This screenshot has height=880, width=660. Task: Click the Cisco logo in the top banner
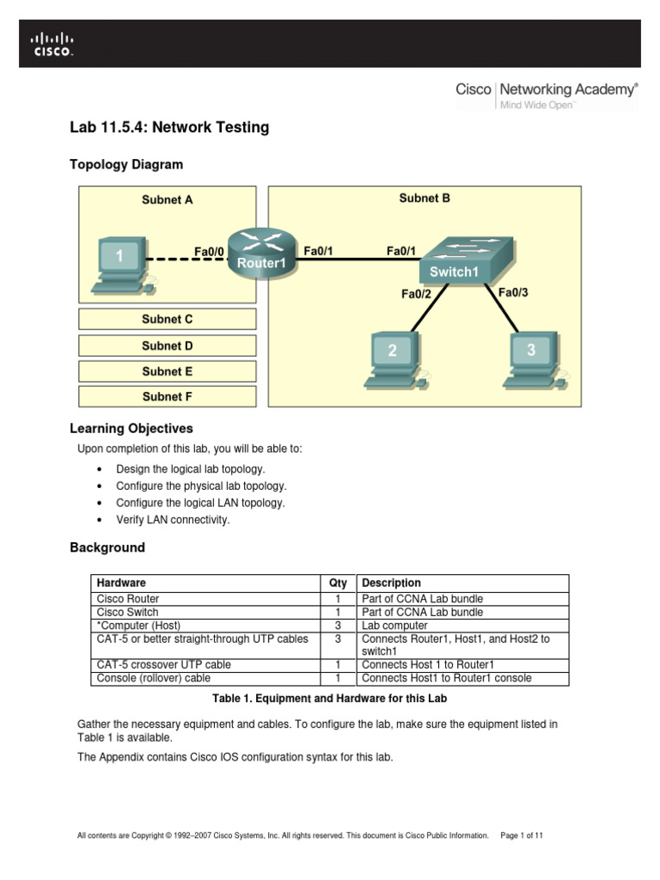tap(53, 44)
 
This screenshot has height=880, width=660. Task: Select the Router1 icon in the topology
tap(261, 252)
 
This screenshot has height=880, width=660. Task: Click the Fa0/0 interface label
tap(209, 252)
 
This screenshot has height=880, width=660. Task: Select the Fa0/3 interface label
tap(513, 292)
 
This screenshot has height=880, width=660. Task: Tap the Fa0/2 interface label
tap(416, 294)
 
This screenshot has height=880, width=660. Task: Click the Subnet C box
tap(168, 319)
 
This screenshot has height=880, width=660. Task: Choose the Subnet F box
tap(168, 396)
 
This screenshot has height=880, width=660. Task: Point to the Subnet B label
tap(425, 198)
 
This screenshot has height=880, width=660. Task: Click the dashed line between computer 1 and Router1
tap(185, 259)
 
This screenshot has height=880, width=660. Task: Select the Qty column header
tap(338, 583)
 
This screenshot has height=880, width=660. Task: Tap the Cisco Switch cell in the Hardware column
tap(128, 612)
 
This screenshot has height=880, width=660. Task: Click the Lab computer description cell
tap(394, 626)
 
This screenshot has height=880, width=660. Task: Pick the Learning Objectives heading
tap(131, 428)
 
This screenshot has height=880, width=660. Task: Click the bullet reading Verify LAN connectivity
tap(173, 520)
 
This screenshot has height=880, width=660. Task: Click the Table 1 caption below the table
tap(329, 699)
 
